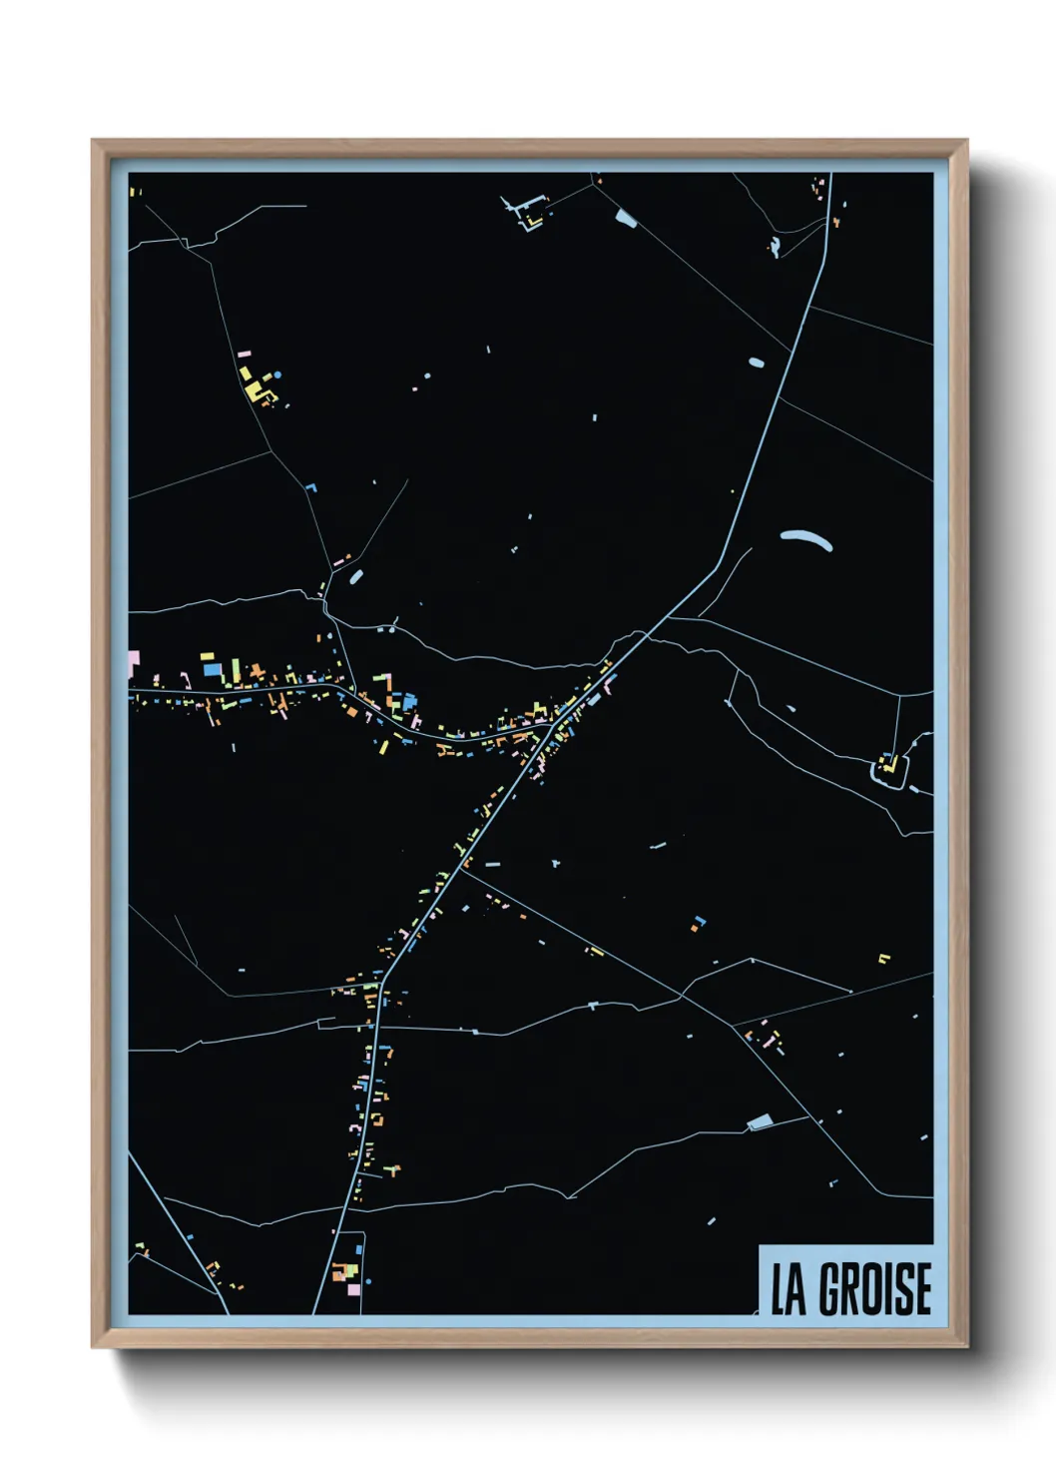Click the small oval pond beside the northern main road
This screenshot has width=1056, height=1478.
tap(756, 363)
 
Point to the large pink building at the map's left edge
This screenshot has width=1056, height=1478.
tap(133, 661)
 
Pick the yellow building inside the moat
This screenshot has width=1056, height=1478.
tap(886, 765)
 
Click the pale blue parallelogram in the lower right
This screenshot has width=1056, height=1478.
tap(761, 1121)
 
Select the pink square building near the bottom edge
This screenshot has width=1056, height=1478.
tap(353, 1289)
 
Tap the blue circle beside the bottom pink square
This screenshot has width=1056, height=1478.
tap(368, 1280)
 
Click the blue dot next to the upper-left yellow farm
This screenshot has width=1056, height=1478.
tap(277, 374)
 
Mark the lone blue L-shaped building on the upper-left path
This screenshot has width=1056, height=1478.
tap(310, 487)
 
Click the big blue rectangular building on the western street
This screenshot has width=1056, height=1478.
tap(212, 670)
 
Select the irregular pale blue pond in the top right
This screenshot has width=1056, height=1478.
tap(774, 246)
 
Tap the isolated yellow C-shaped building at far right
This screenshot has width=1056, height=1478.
tap(882, 959)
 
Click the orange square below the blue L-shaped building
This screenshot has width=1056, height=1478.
tap(693, 929)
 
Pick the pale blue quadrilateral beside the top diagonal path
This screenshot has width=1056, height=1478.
tap(625, 216)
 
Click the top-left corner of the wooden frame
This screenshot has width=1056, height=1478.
tap(94, 142)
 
